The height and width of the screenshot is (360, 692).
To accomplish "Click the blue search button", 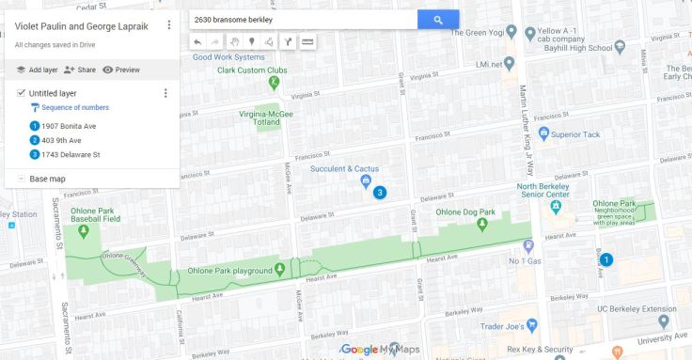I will pyautogui.click(x=438, y=20).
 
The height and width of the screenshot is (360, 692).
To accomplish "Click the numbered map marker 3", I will pyautogui.click(x=380, y=193).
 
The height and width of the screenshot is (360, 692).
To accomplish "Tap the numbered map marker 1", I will pyautogui.click(x=606, y=259).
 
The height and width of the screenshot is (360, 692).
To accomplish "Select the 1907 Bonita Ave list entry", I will pyautogui.click(x=69, y=126).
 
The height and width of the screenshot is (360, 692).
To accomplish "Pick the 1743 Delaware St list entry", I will pyautogui.click(x=71, y=154).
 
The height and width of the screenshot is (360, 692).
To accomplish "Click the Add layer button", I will pyautogui.click(x=37, y=70).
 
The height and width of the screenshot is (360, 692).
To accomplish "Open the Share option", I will pyautogui.click(x=80, y=70).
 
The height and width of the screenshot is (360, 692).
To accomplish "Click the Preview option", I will pyautogui.click(x=121, y=70).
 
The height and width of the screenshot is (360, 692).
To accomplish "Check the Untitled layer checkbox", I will pyautogui.click(x=21, y=93).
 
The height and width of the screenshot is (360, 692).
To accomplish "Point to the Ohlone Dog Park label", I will pyautogui.click(x=466, y=212).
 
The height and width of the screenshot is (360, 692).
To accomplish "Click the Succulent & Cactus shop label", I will pyautogui.click(x=344, y=169).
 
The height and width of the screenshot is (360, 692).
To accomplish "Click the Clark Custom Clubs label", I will pyautogui.click(x=251, y=70).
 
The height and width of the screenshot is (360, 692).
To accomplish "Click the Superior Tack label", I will pyautogui.click(x=575, y=134).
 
